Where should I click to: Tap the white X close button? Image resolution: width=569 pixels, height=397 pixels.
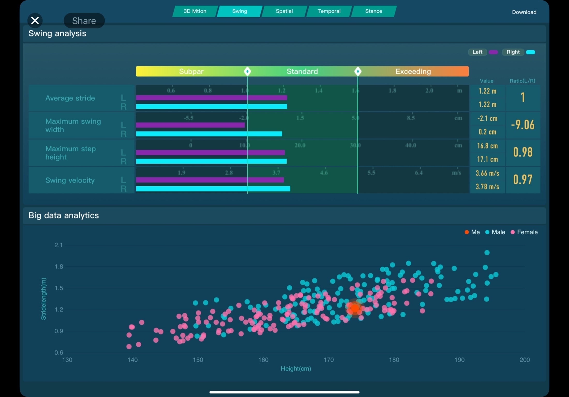35,20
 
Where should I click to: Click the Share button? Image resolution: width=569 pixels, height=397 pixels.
84,21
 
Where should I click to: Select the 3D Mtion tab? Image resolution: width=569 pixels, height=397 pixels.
195,11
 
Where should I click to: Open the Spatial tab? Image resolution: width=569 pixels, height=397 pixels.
284,11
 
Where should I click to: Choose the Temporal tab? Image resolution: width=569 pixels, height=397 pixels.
329,11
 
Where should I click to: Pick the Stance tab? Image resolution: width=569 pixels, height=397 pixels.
373,11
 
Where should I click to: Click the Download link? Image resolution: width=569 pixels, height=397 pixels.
524,12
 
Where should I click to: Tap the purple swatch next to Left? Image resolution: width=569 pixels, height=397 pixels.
493,52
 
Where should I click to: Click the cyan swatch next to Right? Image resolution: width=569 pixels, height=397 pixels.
530,52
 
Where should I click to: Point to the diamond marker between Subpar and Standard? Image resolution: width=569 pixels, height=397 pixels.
247,71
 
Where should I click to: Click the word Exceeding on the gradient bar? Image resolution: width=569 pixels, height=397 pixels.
413,72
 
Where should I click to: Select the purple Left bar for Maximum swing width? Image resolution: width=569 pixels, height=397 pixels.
190,125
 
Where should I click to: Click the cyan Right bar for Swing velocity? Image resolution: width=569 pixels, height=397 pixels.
213,189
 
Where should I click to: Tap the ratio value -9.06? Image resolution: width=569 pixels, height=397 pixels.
523,125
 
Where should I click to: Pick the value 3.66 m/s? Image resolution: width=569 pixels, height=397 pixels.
487,173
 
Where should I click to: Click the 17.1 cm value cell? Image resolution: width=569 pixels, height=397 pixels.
487,159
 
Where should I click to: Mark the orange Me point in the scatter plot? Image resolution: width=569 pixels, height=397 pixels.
355,308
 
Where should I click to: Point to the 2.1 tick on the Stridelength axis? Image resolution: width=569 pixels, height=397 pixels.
58,245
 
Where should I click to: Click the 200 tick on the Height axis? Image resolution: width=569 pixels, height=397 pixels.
525,360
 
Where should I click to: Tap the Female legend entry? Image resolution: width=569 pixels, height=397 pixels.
524,232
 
